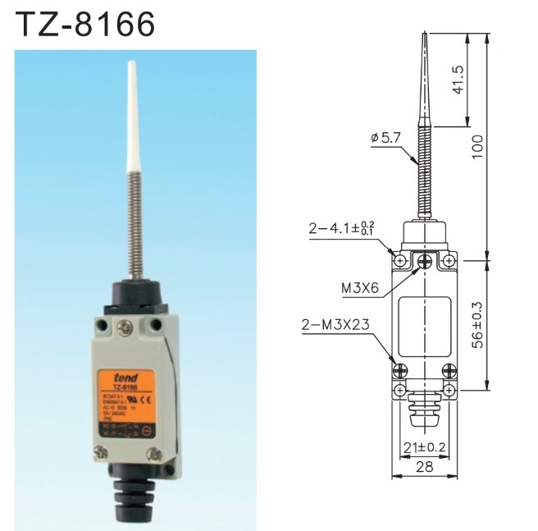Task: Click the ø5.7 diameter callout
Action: (x=385, y=140)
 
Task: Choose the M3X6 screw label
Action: (x=361, y=289)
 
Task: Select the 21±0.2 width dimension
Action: (x=426, y=446)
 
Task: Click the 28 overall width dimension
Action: (x=426, y=467)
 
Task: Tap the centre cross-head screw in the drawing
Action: (x=426, y=262)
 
